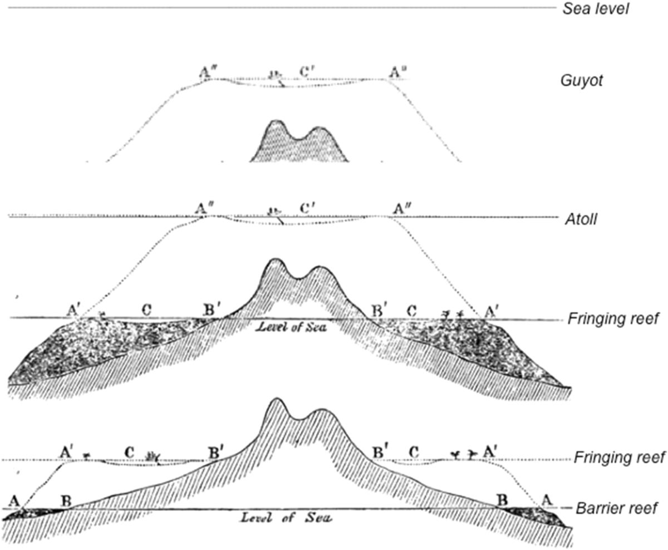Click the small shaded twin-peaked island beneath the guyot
click(x=299, y=142)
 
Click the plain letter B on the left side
click(x=66, y=499)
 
